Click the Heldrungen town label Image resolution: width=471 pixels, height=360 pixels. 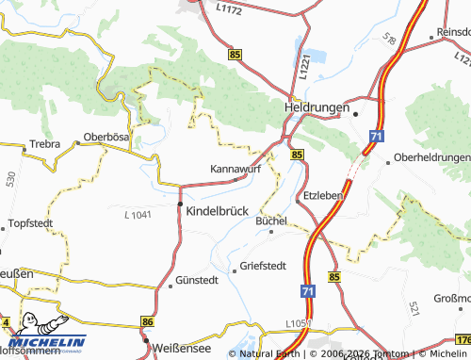click(x=317, y=108)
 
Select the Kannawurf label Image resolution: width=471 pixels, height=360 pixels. click(x=235, y=170)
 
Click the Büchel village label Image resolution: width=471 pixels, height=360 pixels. click(x=270, y=221)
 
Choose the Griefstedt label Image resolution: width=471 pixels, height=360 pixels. click(x=264, y=266)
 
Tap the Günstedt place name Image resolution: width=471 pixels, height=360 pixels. click(x=197, y=280)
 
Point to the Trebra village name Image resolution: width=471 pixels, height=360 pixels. click(x=44, y=144)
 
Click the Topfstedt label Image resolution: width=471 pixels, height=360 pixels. click(x=27, y=223)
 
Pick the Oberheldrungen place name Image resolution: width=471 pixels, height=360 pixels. click(x=432, y=156)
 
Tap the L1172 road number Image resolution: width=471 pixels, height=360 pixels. click(x=229, y=8)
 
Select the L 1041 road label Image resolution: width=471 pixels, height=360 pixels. click(x=138, y=216)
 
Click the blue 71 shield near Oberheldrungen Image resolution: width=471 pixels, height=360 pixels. click(x=376, y=137)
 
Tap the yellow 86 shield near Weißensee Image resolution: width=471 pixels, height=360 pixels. click(x=147, y=322)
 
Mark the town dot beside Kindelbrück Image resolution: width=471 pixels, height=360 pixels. click(x=181, y=204)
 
